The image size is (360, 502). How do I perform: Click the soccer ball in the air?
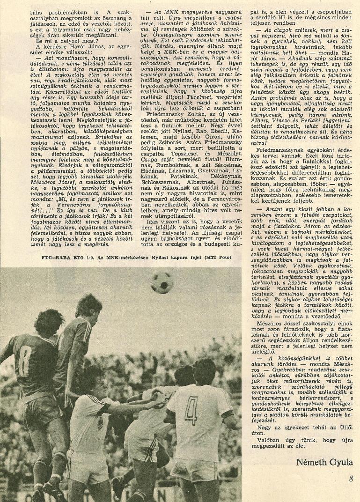coord(162,282)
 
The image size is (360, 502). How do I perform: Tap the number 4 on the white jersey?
coord(191,410)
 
